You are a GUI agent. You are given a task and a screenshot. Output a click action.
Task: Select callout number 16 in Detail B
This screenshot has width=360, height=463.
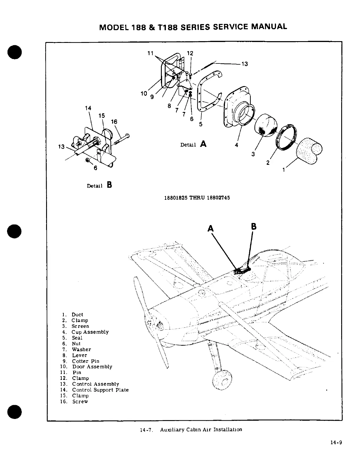click(114, 122)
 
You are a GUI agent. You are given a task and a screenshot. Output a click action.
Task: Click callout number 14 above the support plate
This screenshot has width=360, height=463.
click(88, 108)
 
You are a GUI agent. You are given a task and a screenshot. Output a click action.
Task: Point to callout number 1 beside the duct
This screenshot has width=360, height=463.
click(284, 170)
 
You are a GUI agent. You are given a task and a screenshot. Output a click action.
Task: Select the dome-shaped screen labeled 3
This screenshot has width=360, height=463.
click(266, 124)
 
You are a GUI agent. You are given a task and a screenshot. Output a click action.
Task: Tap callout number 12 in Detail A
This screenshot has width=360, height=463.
click(190, 53)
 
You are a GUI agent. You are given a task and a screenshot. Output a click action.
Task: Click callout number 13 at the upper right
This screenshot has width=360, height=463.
click(244, 64)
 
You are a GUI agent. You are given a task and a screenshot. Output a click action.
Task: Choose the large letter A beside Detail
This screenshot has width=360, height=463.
click(203, 144)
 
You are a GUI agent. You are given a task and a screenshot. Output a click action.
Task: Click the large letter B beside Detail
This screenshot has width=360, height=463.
click(109, 185)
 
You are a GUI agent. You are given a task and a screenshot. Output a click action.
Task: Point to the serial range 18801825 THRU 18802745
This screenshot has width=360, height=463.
click(197, 198)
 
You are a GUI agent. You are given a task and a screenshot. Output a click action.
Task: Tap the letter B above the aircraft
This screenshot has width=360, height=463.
click(254, 227)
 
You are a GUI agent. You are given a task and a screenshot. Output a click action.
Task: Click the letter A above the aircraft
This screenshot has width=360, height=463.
click(211, 228)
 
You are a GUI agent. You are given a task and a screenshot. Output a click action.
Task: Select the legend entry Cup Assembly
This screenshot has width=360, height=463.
click(90, 332)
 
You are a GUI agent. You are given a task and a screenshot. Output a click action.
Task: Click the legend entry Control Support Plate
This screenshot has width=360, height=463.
click(100, 390)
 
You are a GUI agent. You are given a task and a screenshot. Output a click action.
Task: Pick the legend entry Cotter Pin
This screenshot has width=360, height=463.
click(85, 361)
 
